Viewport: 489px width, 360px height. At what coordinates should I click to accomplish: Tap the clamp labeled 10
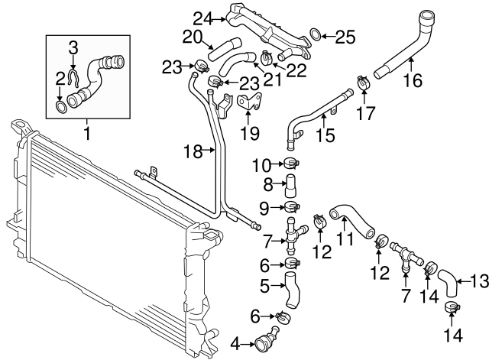(x=292, y=161)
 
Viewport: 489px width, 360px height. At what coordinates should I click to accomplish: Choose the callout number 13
(x=478, y=282)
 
